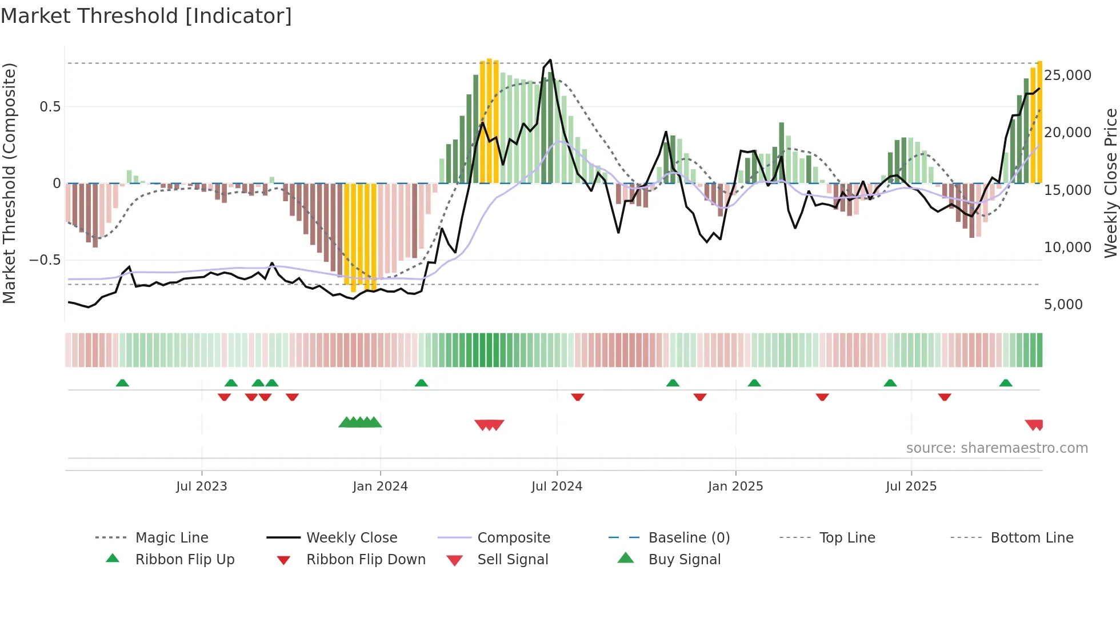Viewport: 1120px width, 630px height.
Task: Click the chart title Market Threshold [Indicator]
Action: pyautogui.click(x=146, y=16)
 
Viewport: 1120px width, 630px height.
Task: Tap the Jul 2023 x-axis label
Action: pyautogui.click(x=201, y=487)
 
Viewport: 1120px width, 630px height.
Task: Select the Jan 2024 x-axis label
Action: pyautogui.click(x=380, y=487)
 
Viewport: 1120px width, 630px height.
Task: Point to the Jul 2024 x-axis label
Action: pyautogui.click(x=557, y=487)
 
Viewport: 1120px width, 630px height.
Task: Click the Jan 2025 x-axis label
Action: pyautogui.click(x=735, y=487)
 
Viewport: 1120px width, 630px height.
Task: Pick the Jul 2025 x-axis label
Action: pyautogui.click(x=911, y=487)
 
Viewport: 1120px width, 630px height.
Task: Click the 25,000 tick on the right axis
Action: pyautogui.click(x=1067, y=75)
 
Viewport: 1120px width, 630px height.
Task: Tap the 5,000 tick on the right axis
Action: pyautogui.click(x=1063, y=305)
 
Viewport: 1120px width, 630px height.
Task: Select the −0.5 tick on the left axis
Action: pyautogui.click(x=45, y=260)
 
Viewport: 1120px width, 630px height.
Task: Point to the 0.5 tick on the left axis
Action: pyautogui.click(x=50, y=107)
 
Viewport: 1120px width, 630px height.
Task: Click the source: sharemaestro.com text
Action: pyautogui.click(x=997, y=448)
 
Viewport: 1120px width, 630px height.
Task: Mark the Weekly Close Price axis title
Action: pyautogui.click(x=1110, y=183)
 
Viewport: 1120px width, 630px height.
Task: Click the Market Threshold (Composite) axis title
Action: pyautogui.click(x=9, y=183)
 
